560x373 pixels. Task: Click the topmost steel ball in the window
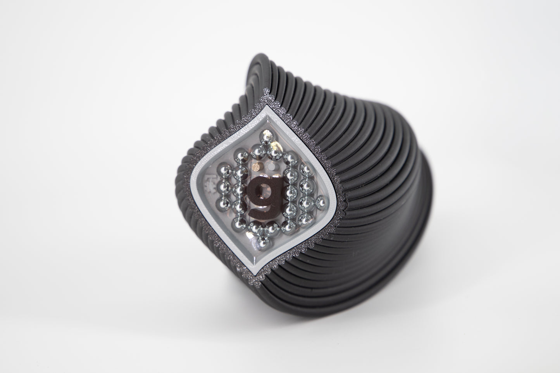click(x=267, y=137)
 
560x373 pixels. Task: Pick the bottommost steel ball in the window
click(x=262, y=242)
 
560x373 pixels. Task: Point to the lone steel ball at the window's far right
click(x=321, y=202)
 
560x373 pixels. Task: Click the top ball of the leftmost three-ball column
click(x=224, y=170)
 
